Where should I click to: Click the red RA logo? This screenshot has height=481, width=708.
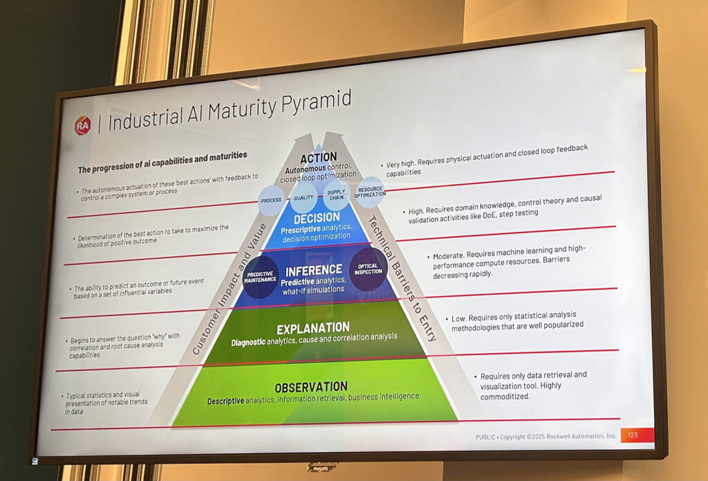click(83, 126)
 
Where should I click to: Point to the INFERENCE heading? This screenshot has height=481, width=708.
click(313, 269)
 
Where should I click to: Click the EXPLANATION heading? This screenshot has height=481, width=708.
click(313, 327)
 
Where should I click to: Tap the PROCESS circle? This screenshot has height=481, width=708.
click(270, 200)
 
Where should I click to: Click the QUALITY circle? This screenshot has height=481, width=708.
click(304, 197)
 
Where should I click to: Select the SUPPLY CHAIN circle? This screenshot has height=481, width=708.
click(336, 195)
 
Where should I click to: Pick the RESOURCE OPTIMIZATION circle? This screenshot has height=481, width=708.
click(370, 192)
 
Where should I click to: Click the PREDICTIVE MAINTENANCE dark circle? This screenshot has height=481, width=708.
click(261, 277)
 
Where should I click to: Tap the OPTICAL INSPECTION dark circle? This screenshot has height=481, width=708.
click(368, 269)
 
